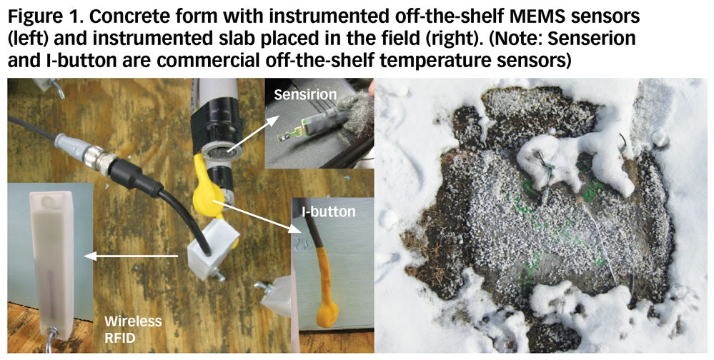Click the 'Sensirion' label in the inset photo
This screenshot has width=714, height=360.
pos(305,94)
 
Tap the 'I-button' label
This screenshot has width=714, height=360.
pos(328,211)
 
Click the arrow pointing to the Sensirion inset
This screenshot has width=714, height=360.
pos(253,134)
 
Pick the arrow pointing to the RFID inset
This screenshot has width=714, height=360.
pos(131,256)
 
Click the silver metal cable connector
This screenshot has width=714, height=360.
pos(99,160)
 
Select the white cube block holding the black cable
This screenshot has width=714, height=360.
pos(213,249)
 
